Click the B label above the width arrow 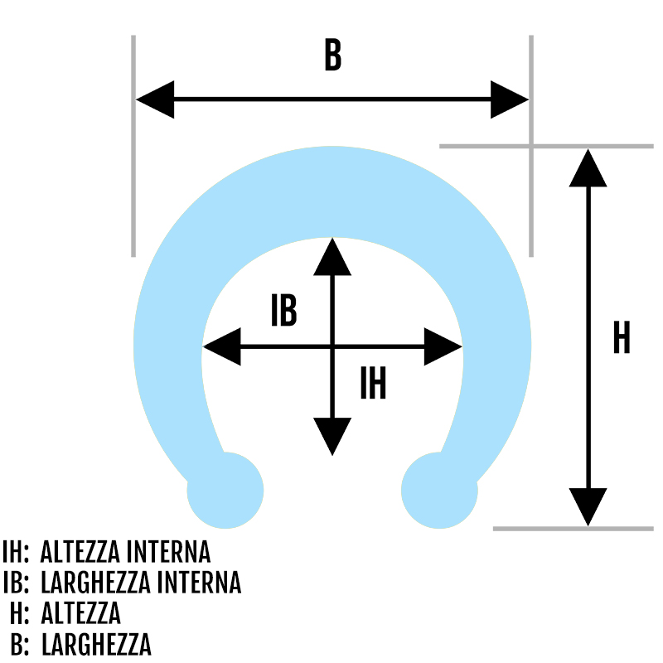333,55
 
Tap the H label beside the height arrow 622,337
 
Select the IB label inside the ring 283,310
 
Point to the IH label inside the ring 373,383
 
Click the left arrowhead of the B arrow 155,99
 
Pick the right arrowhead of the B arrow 510,99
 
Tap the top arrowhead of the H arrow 588,168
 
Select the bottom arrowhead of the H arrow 588,507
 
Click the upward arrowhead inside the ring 332,257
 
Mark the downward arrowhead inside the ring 332,437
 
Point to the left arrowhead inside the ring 222,346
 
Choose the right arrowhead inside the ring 443,346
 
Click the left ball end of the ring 225,491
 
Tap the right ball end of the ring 439,491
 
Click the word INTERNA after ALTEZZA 168,552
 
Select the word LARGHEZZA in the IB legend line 96,583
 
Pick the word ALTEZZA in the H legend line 80,613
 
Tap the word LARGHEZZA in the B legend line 96,644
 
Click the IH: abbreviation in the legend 16,552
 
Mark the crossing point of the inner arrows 332,346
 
